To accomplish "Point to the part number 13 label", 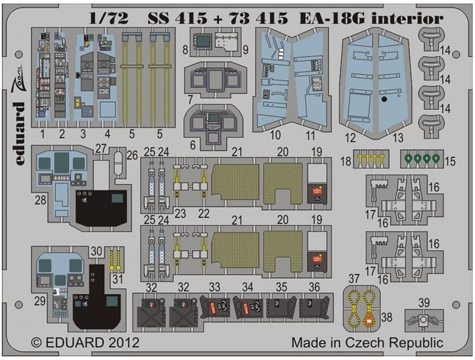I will [397, 136].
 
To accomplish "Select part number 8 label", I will [186, 47].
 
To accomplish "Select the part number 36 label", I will [313, 287].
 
